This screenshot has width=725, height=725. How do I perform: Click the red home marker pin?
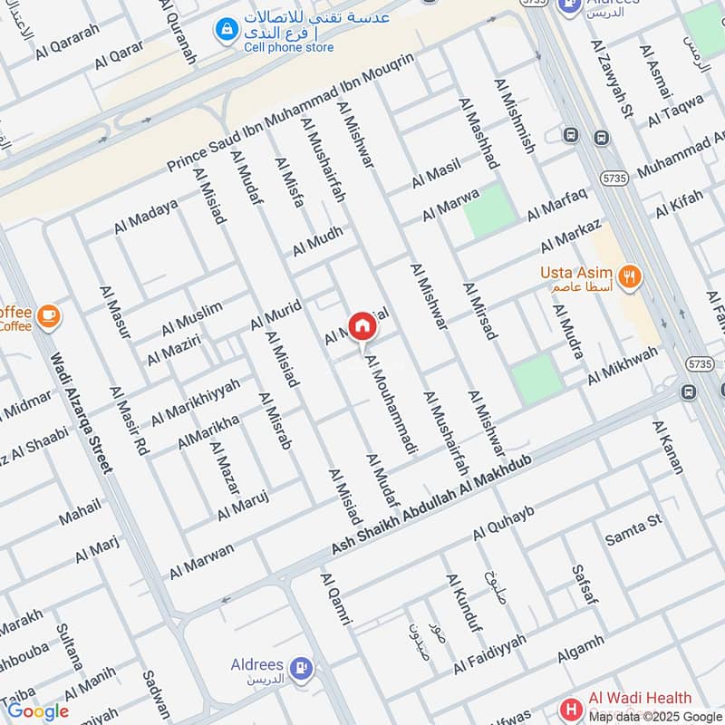(362, 326)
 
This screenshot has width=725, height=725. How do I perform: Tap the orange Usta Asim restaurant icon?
(629, 276)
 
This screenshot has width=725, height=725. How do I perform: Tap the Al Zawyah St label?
(614, 82)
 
